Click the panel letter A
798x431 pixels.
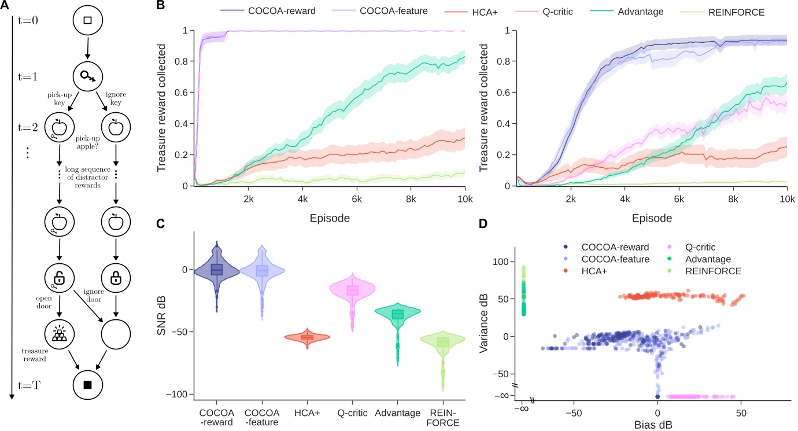pos(6,7)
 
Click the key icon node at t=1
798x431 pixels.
pos(88,76)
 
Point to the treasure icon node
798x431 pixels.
pos(60,334)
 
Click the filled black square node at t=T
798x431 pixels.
pos(88,385)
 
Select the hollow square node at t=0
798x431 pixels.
pos(88,21)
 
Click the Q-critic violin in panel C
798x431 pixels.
pos(352,290)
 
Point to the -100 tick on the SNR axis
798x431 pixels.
pos(180,394)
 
